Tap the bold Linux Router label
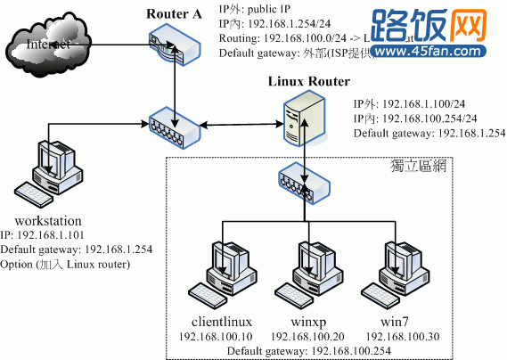(305, 82)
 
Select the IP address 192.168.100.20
(307, 336)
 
